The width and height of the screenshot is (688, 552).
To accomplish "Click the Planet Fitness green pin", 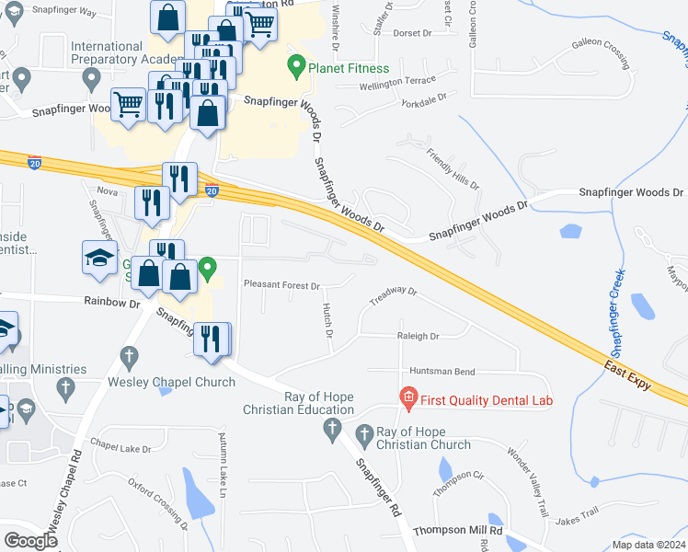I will (x=296, y=66).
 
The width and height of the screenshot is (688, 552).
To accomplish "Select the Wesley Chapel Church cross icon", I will (x=130, y=356).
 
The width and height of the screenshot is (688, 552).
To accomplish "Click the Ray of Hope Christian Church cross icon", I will (x=364, y=433).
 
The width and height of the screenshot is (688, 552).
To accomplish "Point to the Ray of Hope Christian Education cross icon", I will (x=332, y=428).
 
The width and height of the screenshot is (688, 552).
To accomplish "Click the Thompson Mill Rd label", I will (x=457, y=531).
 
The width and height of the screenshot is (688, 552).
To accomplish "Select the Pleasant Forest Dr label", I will (x=281, y=286).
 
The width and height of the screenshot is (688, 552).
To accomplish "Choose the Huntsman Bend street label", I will (x=443, y=371).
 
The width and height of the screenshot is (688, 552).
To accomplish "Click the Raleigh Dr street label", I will (x=418, y=337).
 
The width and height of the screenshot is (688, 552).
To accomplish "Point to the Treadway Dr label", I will (x=393, y=296).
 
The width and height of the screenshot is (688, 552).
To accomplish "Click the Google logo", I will (x=30, y=540).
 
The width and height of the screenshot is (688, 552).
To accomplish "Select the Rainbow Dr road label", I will (x=112, y=302).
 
